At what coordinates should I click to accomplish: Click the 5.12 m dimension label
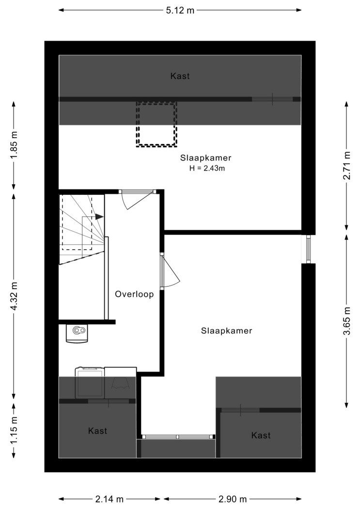click(180, 10)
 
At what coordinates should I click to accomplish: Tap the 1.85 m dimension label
click(14, 145)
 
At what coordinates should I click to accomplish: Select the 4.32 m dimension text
click(14, 297)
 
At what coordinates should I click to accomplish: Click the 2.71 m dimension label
click(347, 165)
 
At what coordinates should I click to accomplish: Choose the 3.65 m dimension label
click(347, 320)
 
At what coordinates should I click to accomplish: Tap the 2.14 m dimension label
click(110, 499)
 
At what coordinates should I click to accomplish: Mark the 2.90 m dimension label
click(233, 499)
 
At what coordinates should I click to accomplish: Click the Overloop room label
click(134, 294)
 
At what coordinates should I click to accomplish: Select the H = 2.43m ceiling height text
click(207, 169)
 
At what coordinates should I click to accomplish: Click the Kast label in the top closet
click(180, 76)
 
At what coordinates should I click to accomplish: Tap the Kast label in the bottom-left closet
click(97, 431)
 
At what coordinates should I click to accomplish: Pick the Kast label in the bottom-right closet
click(261, 435)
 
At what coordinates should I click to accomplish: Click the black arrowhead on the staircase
click(99, 217)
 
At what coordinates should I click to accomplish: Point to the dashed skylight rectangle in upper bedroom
click(157, 124)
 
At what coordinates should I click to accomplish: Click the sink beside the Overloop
click(77, 334)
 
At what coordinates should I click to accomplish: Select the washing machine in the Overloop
click(90, 383)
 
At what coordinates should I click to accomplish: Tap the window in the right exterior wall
click(308, 249)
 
